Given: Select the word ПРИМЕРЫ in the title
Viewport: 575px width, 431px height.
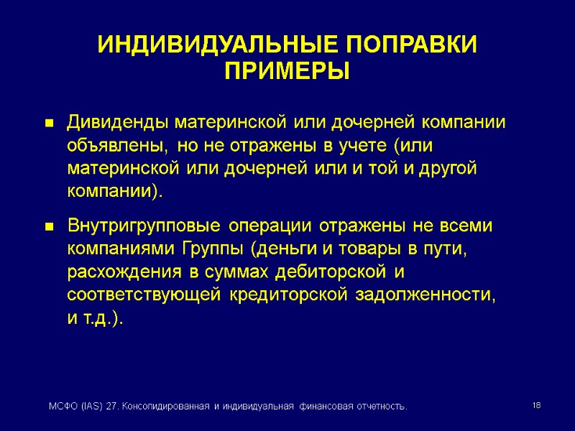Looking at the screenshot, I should [x=287, y=72].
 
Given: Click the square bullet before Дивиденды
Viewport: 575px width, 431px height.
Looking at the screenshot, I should [x=50, y=124].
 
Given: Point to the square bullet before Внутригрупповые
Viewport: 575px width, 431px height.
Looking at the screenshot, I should [x=50, y=227].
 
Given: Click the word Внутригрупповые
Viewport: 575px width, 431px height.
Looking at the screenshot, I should [x=144, y=226].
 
